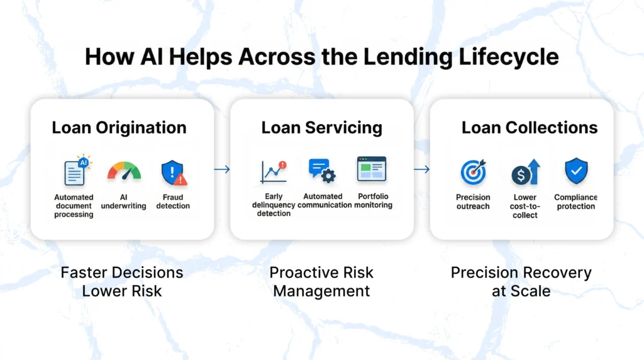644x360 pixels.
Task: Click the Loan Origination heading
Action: coord(119,128)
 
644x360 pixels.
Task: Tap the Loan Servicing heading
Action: coord(321,128)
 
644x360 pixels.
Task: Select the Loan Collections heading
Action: coord(530,128)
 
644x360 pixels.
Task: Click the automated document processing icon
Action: coord(77,170)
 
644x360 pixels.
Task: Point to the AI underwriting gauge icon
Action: coord(124,171)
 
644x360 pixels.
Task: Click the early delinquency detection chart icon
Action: coord(274,172)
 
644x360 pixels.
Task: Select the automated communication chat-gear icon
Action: coord(322,171)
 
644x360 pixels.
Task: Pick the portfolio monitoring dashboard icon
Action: coord(372,169)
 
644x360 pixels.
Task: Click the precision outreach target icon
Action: coord(473,172)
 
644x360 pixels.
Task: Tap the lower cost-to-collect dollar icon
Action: coord(525,172)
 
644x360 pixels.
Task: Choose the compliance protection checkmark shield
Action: coord(576,171)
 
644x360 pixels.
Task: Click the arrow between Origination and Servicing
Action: coord(222,169)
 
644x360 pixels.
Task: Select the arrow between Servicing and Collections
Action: coord(421,169)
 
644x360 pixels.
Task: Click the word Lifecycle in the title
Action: coord(508,57)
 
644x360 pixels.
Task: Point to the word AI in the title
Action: coord(152,57)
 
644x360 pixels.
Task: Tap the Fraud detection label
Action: coord(173,201)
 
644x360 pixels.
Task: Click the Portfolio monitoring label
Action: coord(373,201)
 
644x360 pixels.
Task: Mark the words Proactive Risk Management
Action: coord(321,282)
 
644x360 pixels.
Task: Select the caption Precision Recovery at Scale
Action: coord(521,282)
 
